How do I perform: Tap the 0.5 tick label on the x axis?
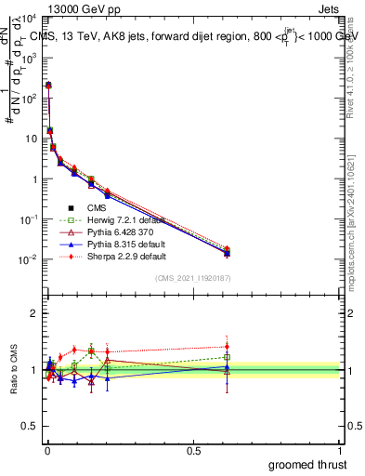193,451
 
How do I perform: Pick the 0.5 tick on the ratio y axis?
29,428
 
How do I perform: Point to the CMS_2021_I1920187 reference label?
193,278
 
